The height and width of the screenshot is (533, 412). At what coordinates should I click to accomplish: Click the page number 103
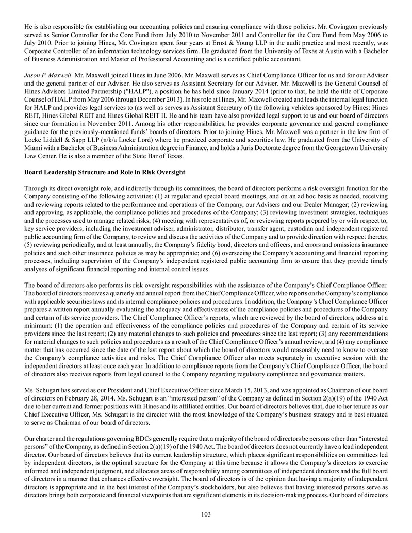tap(206, 514)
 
